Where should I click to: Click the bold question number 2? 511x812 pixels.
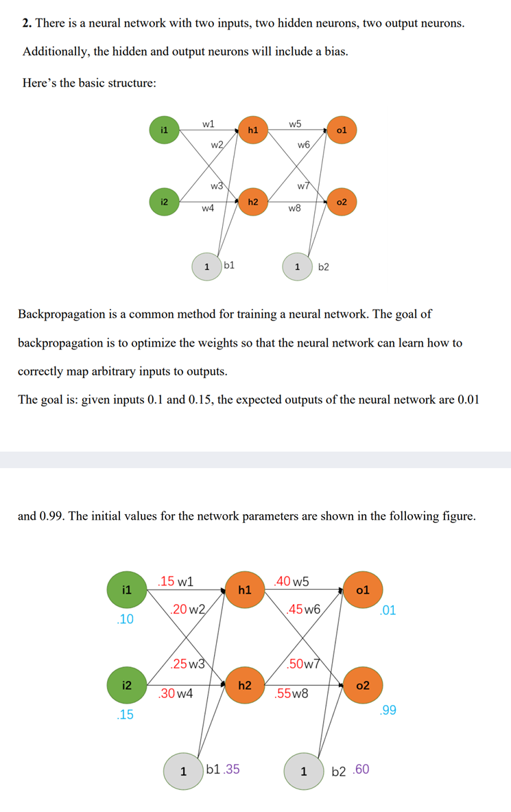pyautogui.click(x=26, y=23)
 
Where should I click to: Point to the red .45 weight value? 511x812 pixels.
pyautogui.click(x=296, y=610)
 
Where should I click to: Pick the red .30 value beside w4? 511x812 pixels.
pyautogui.click(x=167, y=693)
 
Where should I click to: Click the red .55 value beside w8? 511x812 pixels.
pyautogui.click(x=283, y=693)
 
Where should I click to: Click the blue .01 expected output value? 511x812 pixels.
pyautogui.click(x=388, y=610)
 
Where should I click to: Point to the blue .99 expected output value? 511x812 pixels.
pyautogui.click(x=388, y=710)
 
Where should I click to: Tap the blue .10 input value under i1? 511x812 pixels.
pyautogui.click(x=125, y=620)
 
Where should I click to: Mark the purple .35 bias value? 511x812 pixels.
pyautogui.click(x=230, y=769)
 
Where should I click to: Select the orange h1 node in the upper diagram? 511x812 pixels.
pyautogui.click(x=253, y=129)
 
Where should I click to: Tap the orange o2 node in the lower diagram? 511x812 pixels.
pyautogui.click(x=364, y=685)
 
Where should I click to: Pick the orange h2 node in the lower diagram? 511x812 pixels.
pyautogui.click(x=244, y=685)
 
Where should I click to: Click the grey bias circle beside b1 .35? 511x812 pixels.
pyautogui.click(x=182, y=771)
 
